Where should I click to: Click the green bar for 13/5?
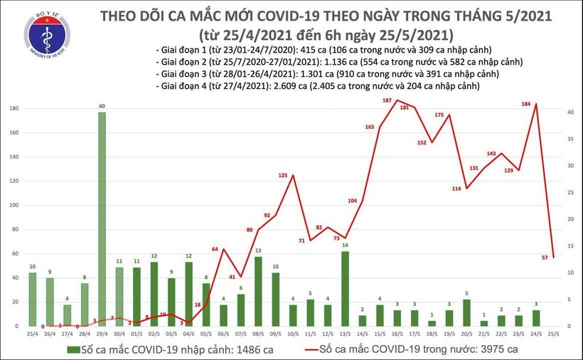(344, 288)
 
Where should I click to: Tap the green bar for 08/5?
(257, 291)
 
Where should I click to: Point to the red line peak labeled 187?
(397, 100)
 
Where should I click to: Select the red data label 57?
(545, 258)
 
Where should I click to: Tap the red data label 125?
(283, 175)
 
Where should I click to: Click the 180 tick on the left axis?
(13, 109)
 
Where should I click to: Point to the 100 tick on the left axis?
(13, 206)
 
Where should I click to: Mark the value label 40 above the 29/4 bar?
(102, 106)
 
